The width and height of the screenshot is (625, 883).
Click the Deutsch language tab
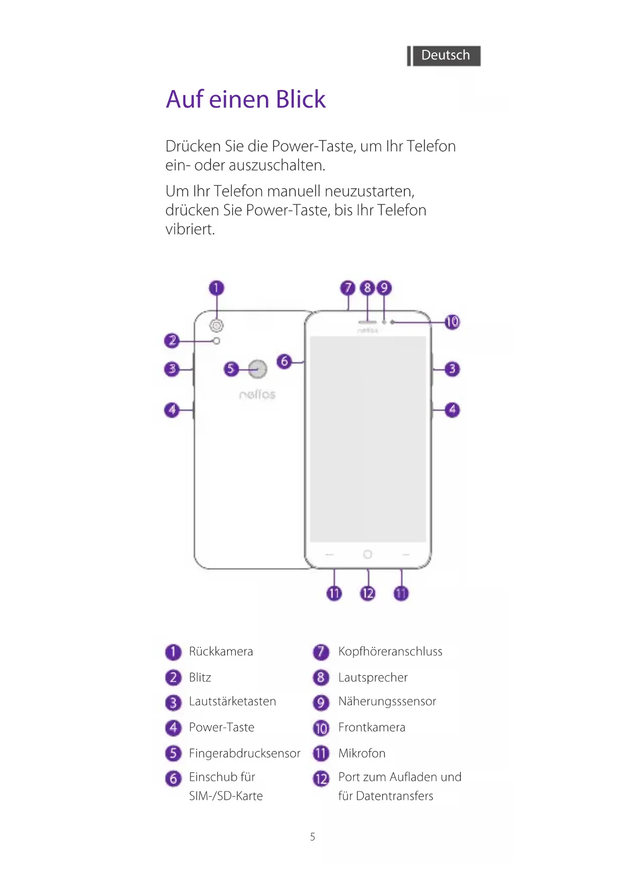445,55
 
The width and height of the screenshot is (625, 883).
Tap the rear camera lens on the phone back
217,326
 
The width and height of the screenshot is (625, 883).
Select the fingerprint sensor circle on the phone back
258,369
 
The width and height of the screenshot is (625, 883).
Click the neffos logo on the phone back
257,394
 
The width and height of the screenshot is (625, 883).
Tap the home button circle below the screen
368,554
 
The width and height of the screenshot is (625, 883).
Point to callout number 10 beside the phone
452,322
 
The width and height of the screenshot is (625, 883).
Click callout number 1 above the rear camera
217,288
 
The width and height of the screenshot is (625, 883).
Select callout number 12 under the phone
368,593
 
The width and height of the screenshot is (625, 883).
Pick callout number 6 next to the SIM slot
285,361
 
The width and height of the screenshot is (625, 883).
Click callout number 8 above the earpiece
368,288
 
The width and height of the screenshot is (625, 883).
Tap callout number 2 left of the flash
172,341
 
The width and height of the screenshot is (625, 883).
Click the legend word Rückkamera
221,651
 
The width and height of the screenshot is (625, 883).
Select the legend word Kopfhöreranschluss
390,651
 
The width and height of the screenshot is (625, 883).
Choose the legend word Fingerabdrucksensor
244,753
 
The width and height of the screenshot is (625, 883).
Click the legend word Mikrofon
362,753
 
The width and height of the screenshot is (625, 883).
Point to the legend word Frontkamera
372,727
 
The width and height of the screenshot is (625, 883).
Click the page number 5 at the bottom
312,837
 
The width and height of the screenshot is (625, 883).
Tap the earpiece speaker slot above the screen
368,321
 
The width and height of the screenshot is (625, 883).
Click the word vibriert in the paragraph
190,230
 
